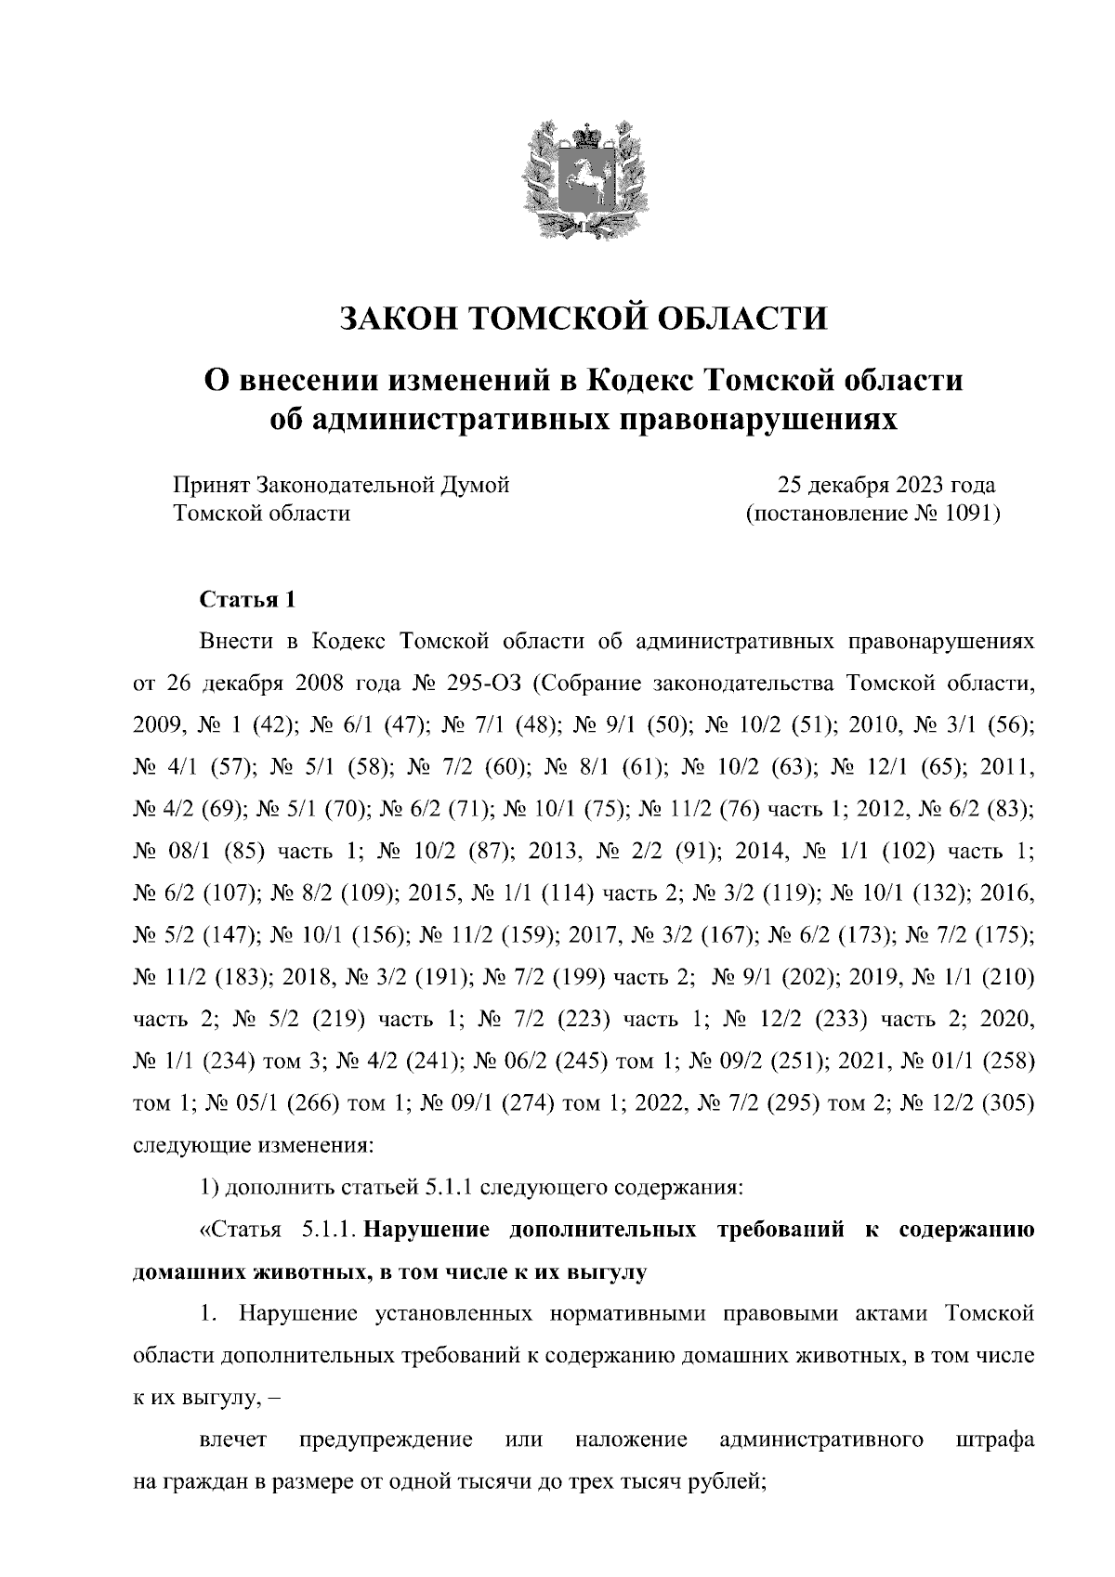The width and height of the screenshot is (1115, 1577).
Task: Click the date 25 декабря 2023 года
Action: (x=886, y=485)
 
